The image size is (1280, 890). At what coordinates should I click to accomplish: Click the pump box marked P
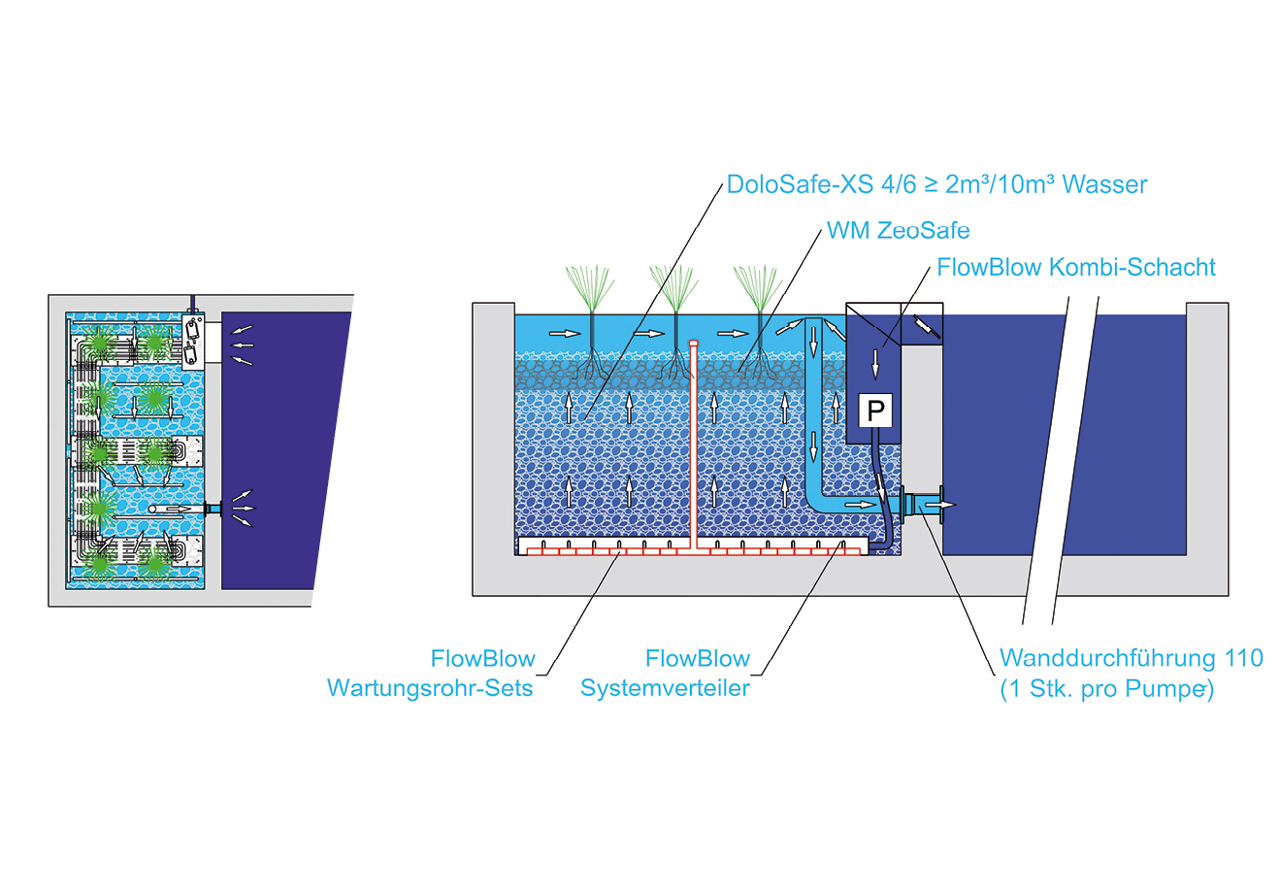click(x=876, y=411)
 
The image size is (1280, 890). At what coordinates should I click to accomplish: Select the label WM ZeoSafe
click(x=898, y=231)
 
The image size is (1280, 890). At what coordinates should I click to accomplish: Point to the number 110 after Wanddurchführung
click(x=1243, y=658)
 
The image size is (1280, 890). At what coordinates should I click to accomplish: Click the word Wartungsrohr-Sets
click(x=430, y=689)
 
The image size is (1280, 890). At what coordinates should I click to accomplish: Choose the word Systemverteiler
click(x=665, y=689)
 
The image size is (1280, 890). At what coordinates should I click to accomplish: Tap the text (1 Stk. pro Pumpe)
click(x=1106, y=690)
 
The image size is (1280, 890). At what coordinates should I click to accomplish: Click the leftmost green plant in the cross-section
click(x=591, y=286)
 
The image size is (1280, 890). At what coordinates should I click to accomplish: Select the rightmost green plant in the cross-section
click(x=758, y=286)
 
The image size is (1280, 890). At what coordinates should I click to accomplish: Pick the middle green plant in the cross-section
click(x=674, y=286)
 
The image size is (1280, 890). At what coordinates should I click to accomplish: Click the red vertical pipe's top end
click(x=693, y=344)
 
